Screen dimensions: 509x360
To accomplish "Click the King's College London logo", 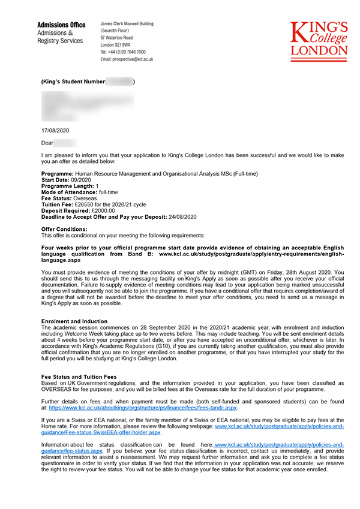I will tap(319, 41).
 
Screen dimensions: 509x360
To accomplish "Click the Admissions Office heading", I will tap(61, 25).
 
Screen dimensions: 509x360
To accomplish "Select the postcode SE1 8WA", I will tap(124, 45).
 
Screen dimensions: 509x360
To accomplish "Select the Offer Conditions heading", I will tap(64, 229).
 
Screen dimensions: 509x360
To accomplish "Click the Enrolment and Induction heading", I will tap(74, 321).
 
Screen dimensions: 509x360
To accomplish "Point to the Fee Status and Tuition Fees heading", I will tap(79, 376).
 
